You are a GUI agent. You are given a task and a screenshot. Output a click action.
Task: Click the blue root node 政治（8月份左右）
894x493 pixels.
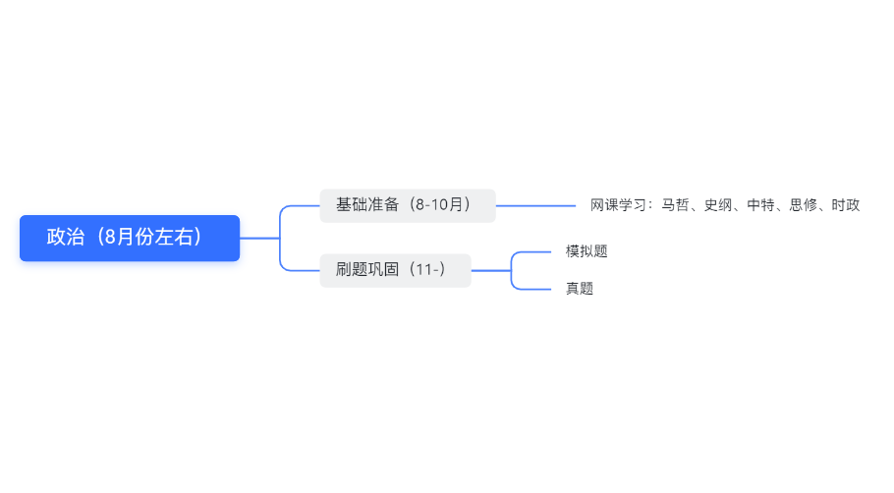point(130,238)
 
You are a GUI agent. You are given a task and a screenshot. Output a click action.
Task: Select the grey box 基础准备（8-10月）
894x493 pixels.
point(408,205)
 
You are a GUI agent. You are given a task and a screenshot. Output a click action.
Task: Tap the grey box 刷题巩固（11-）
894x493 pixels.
point(395,270)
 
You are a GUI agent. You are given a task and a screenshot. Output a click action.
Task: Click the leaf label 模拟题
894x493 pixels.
point(587,251)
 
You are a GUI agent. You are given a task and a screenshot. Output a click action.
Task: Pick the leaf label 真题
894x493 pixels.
point(580,289)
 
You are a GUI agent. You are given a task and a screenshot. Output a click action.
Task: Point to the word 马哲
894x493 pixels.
point(676,205)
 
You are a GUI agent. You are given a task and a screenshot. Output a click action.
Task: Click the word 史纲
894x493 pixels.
point(718,205)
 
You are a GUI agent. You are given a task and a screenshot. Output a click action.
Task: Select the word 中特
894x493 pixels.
point(761,205)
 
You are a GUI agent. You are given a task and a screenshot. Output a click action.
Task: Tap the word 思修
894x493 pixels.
point(804,205)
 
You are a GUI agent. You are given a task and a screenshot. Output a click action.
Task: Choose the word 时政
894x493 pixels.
point(846,205)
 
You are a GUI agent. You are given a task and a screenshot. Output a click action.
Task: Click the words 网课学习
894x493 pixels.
point(619,205)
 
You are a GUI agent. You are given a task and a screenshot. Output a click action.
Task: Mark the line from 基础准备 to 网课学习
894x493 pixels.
point(536,206)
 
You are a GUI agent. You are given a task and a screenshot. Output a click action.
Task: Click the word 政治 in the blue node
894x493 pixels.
point(66,237)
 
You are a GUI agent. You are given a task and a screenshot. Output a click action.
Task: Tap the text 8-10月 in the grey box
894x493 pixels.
point(439,204)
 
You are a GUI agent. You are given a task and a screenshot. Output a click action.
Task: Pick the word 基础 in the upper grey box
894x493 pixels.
point(352,204)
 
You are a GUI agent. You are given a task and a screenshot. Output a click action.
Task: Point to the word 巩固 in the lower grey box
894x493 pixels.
point(383,270)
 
